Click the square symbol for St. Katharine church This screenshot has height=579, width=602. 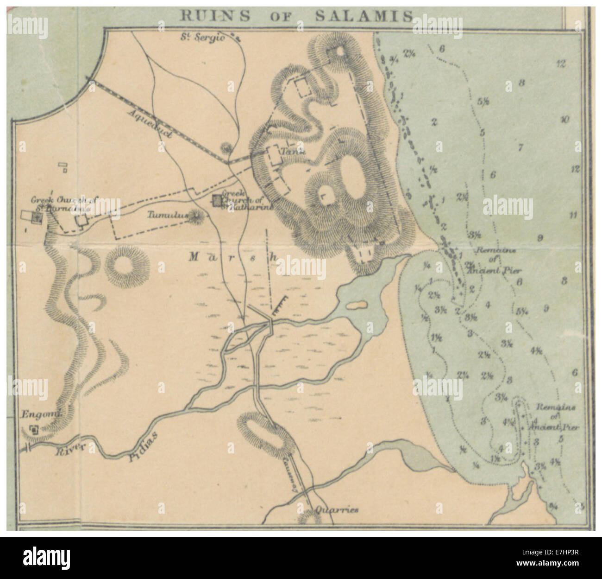[x=216, y=200]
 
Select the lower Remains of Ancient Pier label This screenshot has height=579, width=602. [x=555, y=417]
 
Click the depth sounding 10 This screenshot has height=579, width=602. [x=564, y=120]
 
